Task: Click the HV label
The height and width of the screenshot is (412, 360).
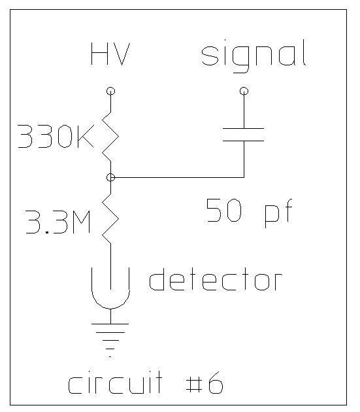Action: [110, 54]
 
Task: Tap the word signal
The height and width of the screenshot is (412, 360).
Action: [254, 56]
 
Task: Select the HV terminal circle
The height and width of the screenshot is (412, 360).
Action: [111, 91]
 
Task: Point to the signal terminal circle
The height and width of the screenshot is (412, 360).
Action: [244, 91]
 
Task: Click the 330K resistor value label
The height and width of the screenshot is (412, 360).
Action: [56, 136]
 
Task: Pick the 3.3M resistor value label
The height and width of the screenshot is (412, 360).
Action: [58, 222]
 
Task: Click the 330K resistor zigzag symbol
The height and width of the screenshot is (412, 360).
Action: [110, 137]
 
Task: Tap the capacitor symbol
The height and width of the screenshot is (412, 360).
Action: [244, 135]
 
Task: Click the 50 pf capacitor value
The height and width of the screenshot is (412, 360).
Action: [249, 213]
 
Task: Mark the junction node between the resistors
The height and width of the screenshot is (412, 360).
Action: [111, 178]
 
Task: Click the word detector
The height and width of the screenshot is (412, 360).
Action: [216, 279]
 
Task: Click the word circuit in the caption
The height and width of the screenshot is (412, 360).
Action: [115, 383]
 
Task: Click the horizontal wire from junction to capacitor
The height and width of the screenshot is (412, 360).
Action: [178, 178]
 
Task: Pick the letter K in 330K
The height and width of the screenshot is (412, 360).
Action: [86, 136]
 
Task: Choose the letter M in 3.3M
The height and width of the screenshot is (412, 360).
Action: [80, 222]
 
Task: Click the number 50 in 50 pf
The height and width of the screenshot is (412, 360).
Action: [223, 210]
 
